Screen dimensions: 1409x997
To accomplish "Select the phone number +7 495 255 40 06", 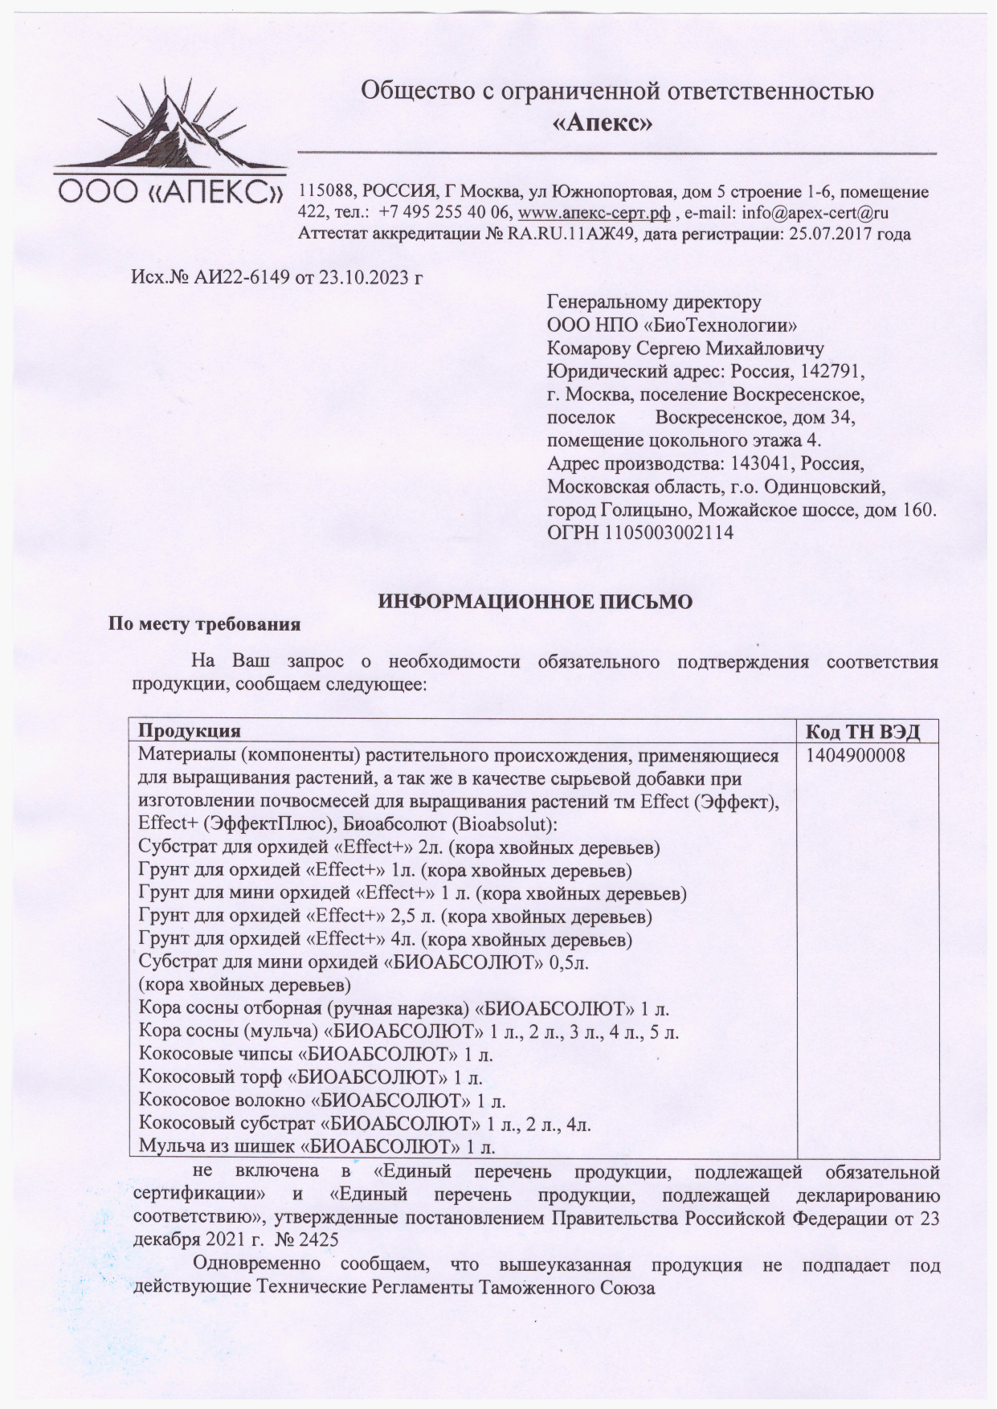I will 443,214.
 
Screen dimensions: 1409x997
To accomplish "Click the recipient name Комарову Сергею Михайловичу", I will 685,349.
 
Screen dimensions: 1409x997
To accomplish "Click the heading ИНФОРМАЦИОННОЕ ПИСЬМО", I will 535,602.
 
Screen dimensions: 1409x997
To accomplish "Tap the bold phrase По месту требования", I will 205,624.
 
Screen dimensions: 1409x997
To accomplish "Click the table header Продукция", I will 190,731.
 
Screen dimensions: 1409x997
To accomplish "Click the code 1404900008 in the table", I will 855,756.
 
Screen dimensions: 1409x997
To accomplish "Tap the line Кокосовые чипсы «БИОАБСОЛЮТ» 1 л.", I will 316,1054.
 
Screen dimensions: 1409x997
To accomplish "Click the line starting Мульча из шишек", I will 317,1146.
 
